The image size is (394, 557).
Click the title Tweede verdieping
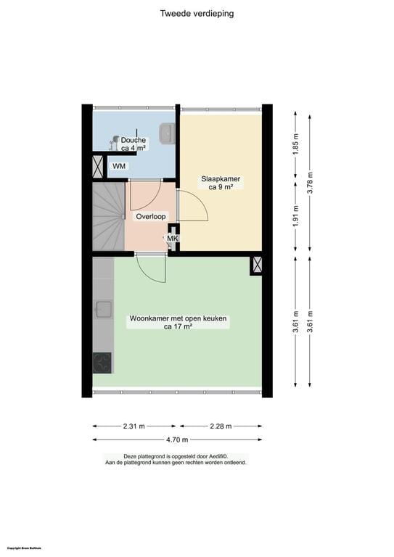pos(197,13)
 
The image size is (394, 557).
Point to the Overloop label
pos(151,216)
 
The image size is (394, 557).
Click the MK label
pos(173,239)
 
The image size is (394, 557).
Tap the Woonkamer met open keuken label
pos(178,322)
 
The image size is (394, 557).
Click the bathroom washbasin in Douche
pos(167,133)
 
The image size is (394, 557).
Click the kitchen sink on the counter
pos(102,310)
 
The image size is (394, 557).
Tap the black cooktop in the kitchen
pos(102,362)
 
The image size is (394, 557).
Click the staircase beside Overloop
pos(107,215)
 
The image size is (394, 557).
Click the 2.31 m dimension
pos(136,426)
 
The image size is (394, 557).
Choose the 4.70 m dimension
pos(176,440)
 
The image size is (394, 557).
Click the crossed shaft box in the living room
pos(256,265)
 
